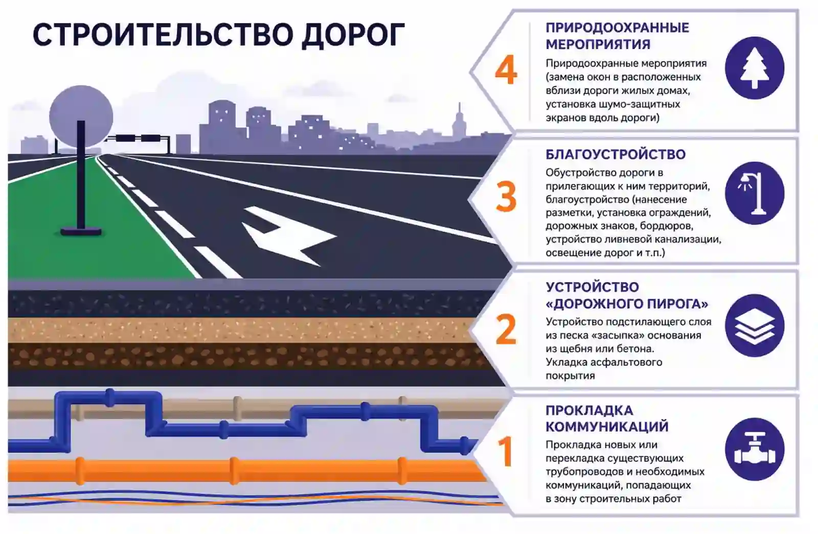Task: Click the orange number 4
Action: pyautogui.click(x=506, y=69)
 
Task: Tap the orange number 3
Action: pyautogui.click(x=506, y=197)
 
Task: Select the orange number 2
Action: pyautogui.click(x=506, y=329)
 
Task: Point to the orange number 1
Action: pyautogui.click(x=506, y=451)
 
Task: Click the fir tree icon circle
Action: pyautogui.click(x=755, y=68)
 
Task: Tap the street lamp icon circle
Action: pyautogui.click(x=755, y=193)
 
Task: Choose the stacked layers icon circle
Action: pyautogui.click(x=755, y=326)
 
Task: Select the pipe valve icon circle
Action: pyautogui.click(x=755, y=449)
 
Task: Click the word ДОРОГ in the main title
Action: pyautogui.click(x=353, y=35)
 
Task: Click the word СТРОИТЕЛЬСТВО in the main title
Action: pyautogui.click(x=163, y=35)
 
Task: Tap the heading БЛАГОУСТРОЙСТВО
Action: pyautogui.click(x=616, y=154)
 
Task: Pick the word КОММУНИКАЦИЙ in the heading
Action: pyautogui.click(x=607, y=426)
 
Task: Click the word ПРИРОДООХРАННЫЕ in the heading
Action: pyautogui.click(x=617, y=28)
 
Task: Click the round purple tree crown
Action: pyautogui.click(x=81, y=117)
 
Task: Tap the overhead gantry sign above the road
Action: pyautogui.click(x=139, y=138)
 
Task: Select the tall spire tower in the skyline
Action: pyautogui.click(x=459, y=121)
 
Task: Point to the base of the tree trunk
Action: pyautogui.click(x=81, y=232)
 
